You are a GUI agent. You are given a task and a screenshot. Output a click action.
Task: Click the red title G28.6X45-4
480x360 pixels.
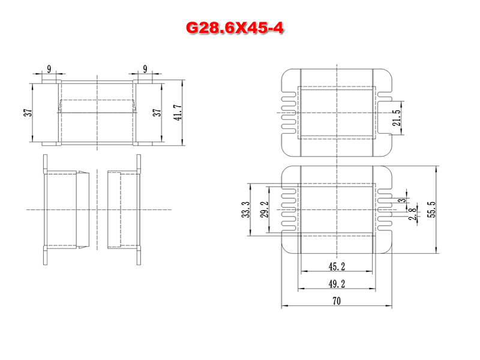(x=235, y=28)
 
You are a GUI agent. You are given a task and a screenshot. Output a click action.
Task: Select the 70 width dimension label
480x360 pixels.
(x=337, y=301)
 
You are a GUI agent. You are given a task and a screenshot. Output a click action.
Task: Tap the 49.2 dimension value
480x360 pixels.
(x=337, y=284)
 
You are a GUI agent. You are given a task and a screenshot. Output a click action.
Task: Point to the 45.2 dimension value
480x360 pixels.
(x=337, y=266)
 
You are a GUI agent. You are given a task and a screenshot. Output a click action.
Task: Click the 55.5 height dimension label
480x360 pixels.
(x=431, y=209)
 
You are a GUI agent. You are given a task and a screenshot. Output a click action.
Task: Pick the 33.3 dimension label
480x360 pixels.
(x=246, y=209)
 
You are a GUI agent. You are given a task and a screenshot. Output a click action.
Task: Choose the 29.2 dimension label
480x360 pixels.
(x=265, y=209)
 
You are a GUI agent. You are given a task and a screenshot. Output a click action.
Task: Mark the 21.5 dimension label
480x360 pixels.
(x=397, y=118)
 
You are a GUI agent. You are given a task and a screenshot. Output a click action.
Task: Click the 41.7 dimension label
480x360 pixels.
(x=178, y=113)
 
